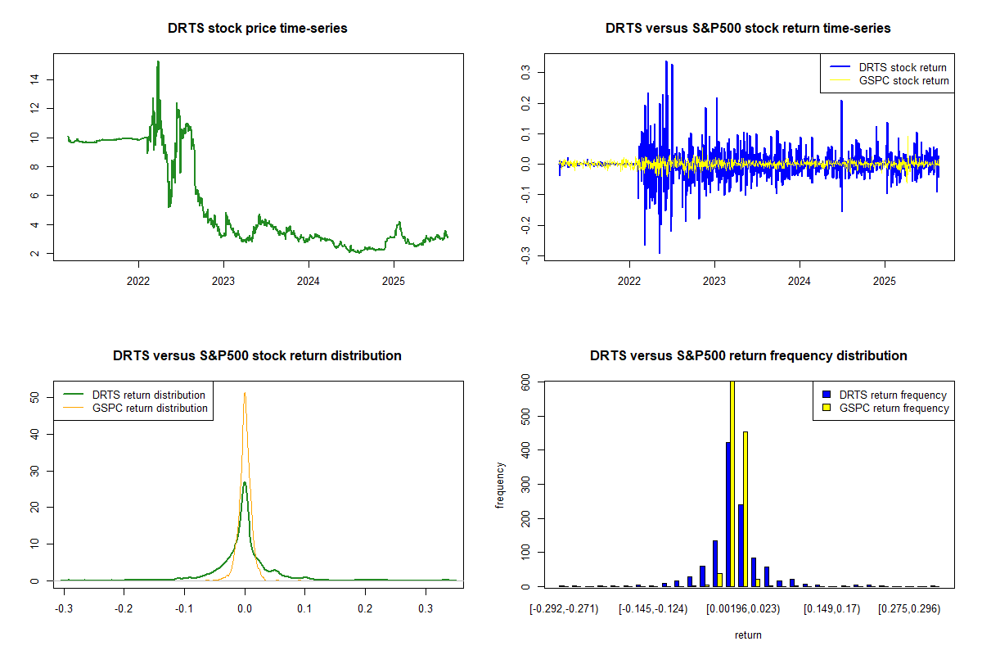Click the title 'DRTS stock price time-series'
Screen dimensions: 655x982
[258, 29]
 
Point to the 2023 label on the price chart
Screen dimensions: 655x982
[223, 279]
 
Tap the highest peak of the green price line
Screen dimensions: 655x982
[158, 61]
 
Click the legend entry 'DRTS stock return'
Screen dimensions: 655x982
[903, 67]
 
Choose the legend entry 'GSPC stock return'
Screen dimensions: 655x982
[903, 80]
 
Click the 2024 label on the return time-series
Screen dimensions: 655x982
[800, 279]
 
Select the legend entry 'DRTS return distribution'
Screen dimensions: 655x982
[148, 395]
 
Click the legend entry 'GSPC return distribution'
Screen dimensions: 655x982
[150, 408]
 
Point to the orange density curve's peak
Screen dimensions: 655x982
[244, 393]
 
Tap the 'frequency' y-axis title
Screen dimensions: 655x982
[500, 484]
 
